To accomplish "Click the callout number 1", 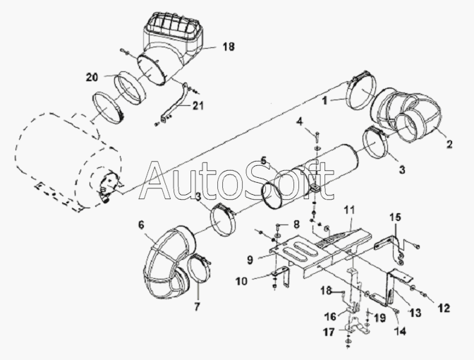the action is coord(324,101).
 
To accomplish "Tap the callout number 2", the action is coord(449,144).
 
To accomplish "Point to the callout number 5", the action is coord(264,160).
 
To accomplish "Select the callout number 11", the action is coord(351,210).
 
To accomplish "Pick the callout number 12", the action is coord(444,308).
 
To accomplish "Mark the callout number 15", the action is coord(395,217).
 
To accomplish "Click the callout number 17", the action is coord(329,332).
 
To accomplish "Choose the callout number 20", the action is coord(92,77).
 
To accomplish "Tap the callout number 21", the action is coord(197,105).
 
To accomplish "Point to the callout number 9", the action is coord(250,260).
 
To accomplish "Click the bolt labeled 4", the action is coord(316,138).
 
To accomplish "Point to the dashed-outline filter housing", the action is coord(66,160).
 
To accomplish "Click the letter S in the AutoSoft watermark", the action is coord(261,181).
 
